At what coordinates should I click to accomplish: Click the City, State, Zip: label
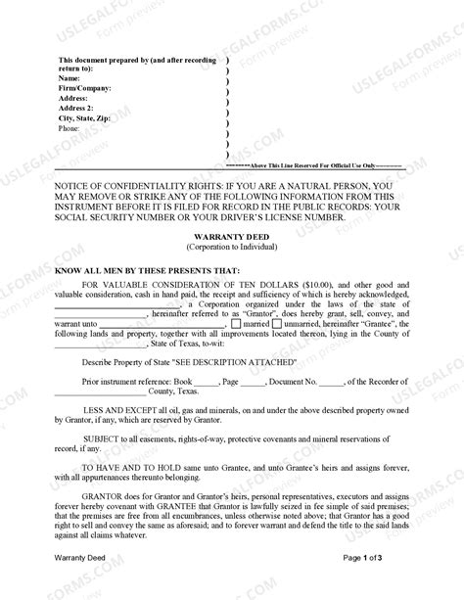coord(90,117)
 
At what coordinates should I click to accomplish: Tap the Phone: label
coord(70,128)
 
